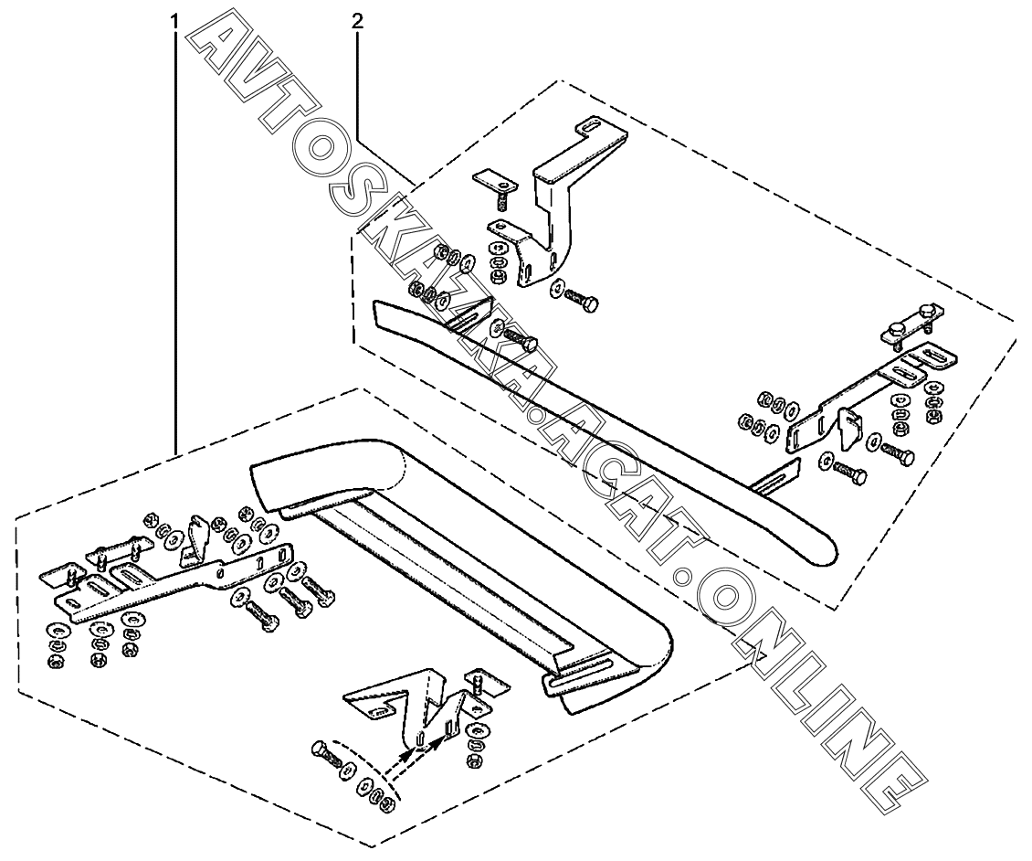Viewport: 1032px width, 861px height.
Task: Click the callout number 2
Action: pyautogui.click(x=357, y=19)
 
